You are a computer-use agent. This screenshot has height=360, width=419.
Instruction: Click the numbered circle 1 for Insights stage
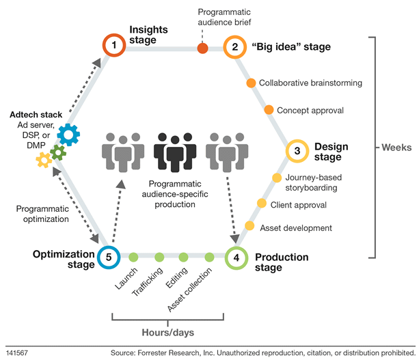pos(115,46)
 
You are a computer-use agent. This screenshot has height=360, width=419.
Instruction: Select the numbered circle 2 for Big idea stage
pos(234,47)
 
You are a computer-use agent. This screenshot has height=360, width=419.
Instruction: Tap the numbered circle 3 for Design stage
pos(297,150)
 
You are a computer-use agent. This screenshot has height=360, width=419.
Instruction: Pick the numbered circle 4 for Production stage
pos(236,258)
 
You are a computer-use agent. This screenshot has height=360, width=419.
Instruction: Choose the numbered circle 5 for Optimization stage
pos(108,257)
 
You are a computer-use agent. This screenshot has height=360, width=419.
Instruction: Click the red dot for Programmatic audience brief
pos(202,48)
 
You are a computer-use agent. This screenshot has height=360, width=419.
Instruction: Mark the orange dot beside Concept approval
pos(268,110)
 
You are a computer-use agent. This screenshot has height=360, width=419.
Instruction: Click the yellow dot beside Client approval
pos(262,204)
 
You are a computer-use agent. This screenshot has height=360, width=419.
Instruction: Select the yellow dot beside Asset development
pos(249,227)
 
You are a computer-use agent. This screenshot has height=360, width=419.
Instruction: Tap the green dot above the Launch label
pos(134,258)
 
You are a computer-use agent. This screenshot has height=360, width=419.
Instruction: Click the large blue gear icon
pos(68,135)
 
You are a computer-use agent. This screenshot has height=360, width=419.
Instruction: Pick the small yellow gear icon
pos(44,161)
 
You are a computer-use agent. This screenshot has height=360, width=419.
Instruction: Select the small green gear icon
pos(59,154)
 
